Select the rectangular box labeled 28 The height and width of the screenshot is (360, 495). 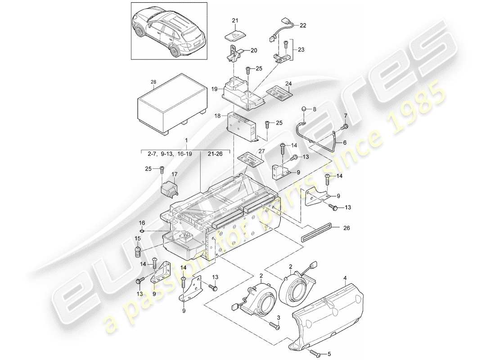pos(171,106)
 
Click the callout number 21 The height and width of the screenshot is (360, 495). pos(234,21)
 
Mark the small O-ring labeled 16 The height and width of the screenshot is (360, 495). pos(141,231)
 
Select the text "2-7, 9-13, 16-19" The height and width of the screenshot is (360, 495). pos(170,153)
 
